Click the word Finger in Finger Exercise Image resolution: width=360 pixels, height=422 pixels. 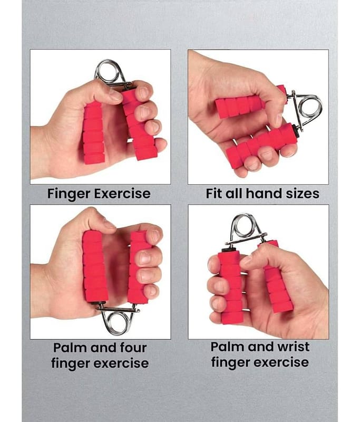(69, 194)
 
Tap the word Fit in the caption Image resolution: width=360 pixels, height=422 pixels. (214, 193)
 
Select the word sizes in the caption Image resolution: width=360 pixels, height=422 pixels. (302, 194)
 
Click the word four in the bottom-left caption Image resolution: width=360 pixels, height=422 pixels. (133, 348)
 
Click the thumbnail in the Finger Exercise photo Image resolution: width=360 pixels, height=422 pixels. (115, 94)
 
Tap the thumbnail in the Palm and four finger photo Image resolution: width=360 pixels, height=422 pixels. (109, 224)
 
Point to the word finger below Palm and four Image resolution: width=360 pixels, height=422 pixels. (70, 363)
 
